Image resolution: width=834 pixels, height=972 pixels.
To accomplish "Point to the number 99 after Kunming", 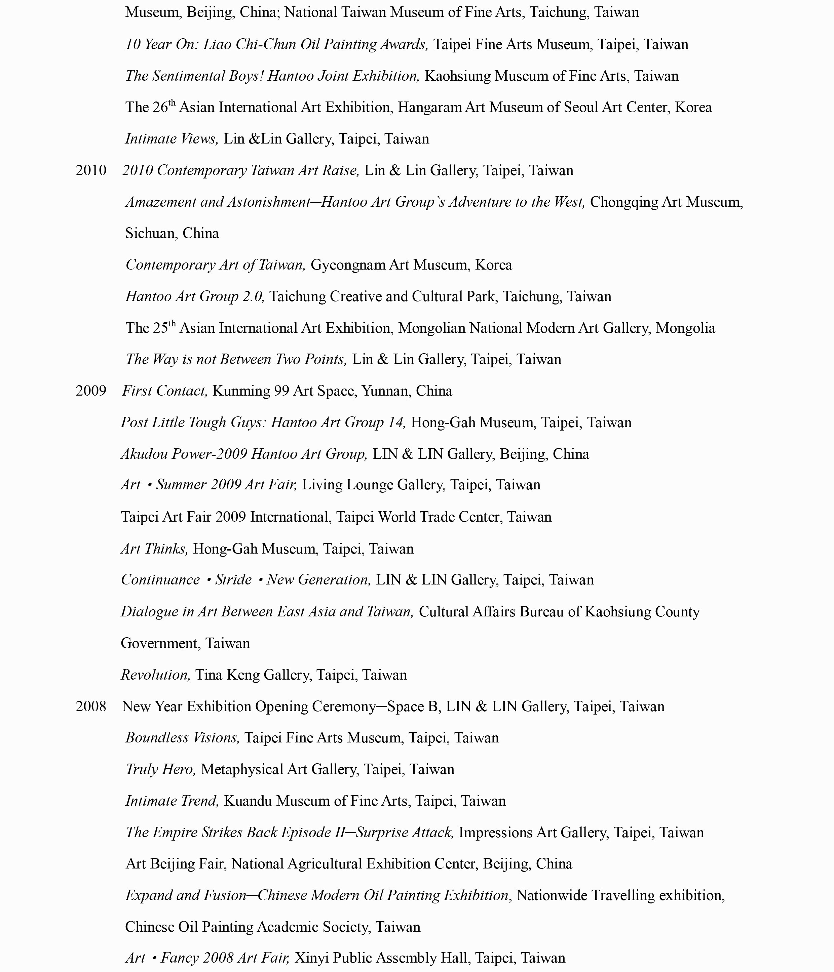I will [x=281, y=391].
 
